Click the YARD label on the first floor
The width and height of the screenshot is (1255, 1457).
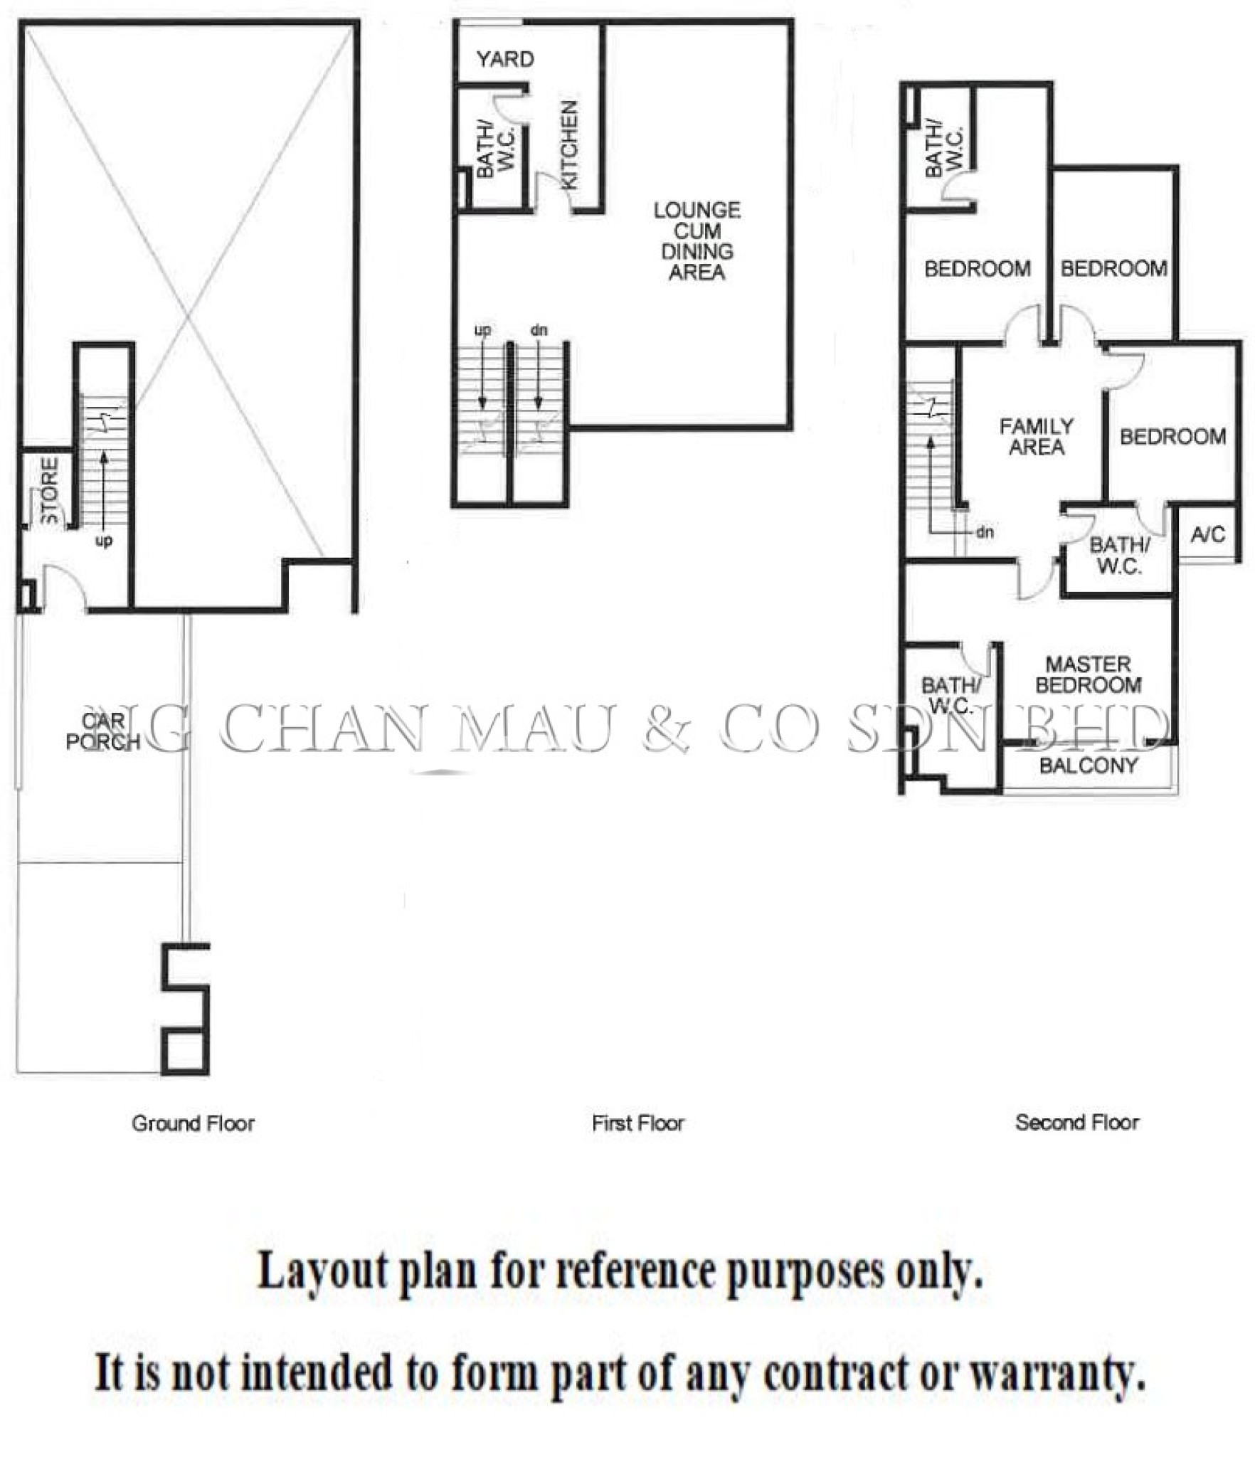pos(505,59)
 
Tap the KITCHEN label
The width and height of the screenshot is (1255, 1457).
pos(570,145)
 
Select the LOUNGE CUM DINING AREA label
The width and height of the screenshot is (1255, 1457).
pos(697,241)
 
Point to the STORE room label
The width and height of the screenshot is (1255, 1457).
pos(50,491)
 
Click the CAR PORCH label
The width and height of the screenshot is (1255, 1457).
pos(103,731)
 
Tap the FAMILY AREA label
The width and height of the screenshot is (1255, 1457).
pos(1037,437)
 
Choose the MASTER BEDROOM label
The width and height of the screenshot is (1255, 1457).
pos(1089,674)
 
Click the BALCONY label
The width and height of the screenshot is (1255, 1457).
pos(1089,765)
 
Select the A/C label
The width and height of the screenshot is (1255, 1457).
pos(1208,534)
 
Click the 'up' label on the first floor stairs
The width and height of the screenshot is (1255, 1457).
pos(482,331)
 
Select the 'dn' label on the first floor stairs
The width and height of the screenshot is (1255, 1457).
pos(539,330)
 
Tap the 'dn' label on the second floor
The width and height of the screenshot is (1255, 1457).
pos(985,531)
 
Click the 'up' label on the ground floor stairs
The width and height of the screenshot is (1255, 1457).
pos(104,542)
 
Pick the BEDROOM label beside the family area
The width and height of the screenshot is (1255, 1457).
pos(1172,436)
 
